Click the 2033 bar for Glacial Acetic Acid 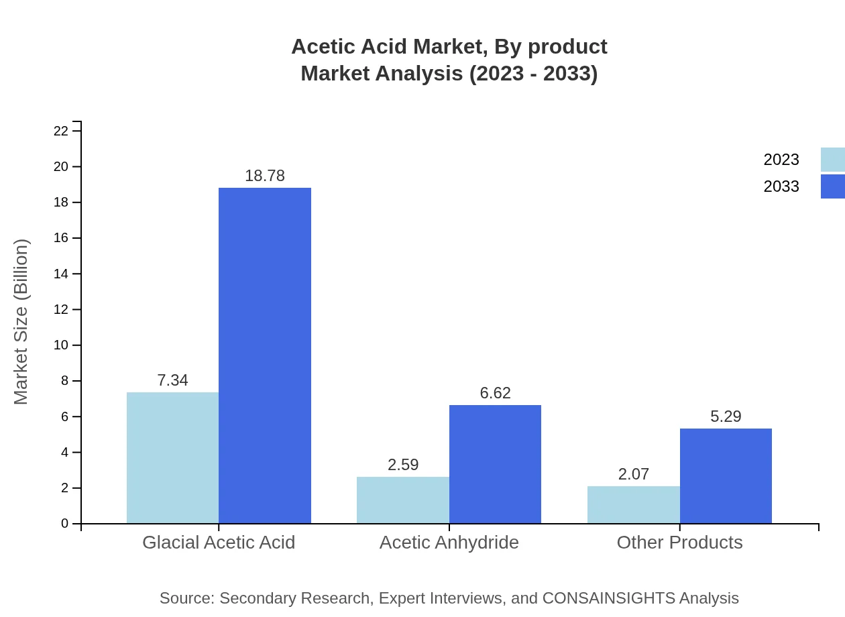[265, 355]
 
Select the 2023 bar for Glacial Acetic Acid [172, 457]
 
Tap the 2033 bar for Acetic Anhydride [495, 464]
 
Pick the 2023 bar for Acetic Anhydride [402, 500]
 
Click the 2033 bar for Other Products [726, 475]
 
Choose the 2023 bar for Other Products [633, 504]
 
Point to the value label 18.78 [265, 176]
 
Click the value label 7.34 [172, 380]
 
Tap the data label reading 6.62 [495, 393]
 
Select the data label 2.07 [633, 474]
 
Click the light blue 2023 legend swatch [832, 160]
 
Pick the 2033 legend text [781, 186]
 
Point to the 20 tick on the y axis [62, 166]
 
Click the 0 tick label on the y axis [64, 523]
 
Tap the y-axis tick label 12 [62, 309]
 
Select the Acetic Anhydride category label [449, 542]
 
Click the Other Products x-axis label [679, 542]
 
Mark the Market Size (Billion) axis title [21, 322]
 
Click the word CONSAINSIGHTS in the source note [608, 598]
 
